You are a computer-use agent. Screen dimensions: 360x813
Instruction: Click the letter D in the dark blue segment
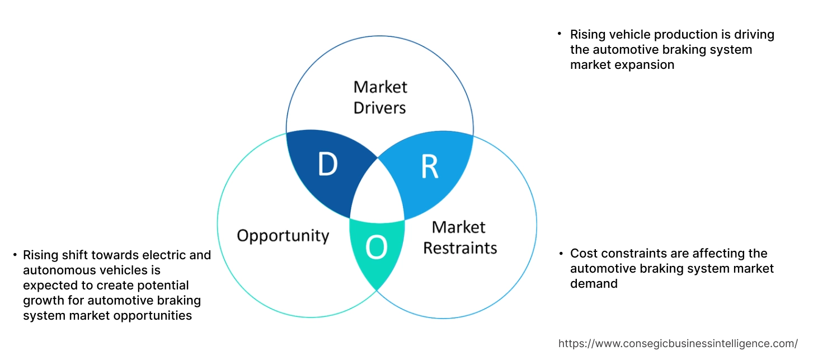click(x=328, y=165)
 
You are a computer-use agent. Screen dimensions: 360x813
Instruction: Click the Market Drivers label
click(x=380, y=97)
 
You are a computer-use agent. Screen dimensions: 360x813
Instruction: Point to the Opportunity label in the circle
click(x=283, y=235)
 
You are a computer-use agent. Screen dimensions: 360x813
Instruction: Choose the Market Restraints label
click(x=459, y=237)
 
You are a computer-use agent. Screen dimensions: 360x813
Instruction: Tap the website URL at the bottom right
click(x=678, y=343)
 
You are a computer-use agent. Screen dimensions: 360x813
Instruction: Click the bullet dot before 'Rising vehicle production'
click(x=560, y=34)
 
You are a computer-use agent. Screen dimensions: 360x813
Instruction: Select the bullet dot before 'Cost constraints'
click(x=560, y=254)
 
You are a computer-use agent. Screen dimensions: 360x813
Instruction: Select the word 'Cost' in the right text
click(x=582, y=254)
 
